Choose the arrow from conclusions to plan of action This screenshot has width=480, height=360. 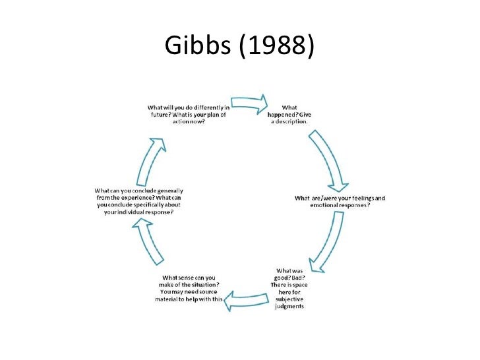(x=148, y=159)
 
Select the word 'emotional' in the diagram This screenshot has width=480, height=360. (x=326, y=205)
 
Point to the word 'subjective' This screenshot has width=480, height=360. (x=290, y=297)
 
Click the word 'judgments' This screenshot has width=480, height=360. (x=290, y=305)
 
